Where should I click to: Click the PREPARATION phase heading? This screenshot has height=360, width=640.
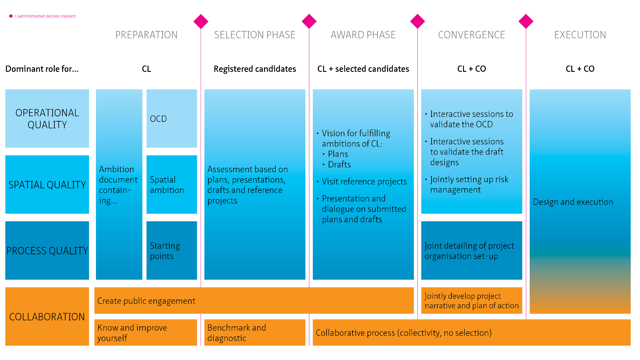pyautogui.click(x=146, y=35)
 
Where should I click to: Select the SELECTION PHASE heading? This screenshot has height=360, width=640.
pyautogui.click(x=255, y=35)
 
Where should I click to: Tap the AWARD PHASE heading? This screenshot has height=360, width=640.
pyautogui.click(x=363, y=35)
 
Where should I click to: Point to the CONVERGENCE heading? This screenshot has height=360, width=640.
pyautogui.click(x=472, y=35)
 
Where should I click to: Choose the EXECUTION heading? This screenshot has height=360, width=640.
pyautogui.click(x=580, y=35)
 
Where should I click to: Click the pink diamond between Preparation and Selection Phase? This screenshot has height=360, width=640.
pyautogui.click(x=201, y=21)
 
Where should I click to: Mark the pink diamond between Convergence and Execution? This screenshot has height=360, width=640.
pyautogui.click(x=526, y=21)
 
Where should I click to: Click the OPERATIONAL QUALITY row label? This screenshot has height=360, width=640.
pyautogui.click(x=47, y=119)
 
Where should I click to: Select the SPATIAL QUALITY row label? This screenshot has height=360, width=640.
pyautogui.click(x=47, y=185)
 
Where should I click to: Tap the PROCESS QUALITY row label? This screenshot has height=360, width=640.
pyautogui.click(x=47, y=251)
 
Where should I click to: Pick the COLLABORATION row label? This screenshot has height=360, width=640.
pyautogui.click(x=47, y=317)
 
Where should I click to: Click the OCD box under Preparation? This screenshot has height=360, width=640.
pyautogui.click(x=172, y=119)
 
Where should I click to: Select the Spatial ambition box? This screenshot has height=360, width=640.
pyautogui.click(x=172, y=185)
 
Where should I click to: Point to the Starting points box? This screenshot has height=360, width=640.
pyautogui.click(x=172, y=251)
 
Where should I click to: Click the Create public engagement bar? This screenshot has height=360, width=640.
pyautogui.click(x=254, y=301)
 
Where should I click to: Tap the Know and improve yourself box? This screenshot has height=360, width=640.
pyautogui.click(x=146, y=333)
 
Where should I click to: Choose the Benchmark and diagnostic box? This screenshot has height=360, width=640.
pyautogui.click(x=255, y=333)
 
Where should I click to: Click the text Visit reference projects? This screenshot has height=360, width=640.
pyautogui.click(x=364, y=182)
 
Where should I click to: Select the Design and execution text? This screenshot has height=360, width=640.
pyautogui.click(x=573, y=202)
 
